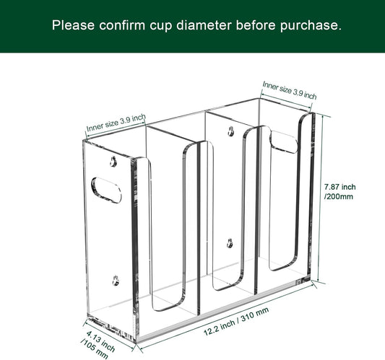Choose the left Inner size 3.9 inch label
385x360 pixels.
click(x=116, y=122)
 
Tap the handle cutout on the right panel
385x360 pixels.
click(x=283, y=141)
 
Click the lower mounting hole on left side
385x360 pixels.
click(x=115, y=277)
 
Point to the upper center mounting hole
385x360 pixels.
click(x=230, y=131)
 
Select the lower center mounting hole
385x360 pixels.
click(x=230, y=243)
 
